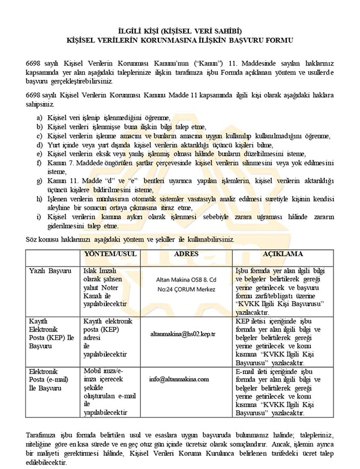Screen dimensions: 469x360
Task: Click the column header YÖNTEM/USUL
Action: tap(111, 254)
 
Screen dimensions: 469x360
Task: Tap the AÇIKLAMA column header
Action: tap(283, 254)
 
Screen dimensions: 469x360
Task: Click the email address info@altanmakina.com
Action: tap(179, 379)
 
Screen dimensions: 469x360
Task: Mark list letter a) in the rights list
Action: tap(39, 117)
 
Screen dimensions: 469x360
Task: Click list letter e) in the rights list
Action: tap(39, 154)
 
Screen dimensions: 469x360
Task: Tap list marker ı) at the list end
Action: tap(39, 218)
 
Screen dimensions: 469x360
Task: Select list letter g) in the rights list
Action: tap(39, 181)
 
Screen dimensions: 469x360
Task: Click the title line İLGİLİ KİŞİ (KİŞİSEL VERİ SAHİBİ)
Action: tap(179, 30)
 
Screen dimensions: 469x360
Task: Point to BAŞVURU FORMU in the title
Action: tap(259, 40)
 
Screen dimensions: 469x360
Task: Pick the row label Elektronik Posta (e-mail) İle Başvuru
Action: tap(48, 379)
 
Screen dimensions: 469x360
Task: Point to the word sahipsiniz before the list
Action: tap(41, 105)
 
